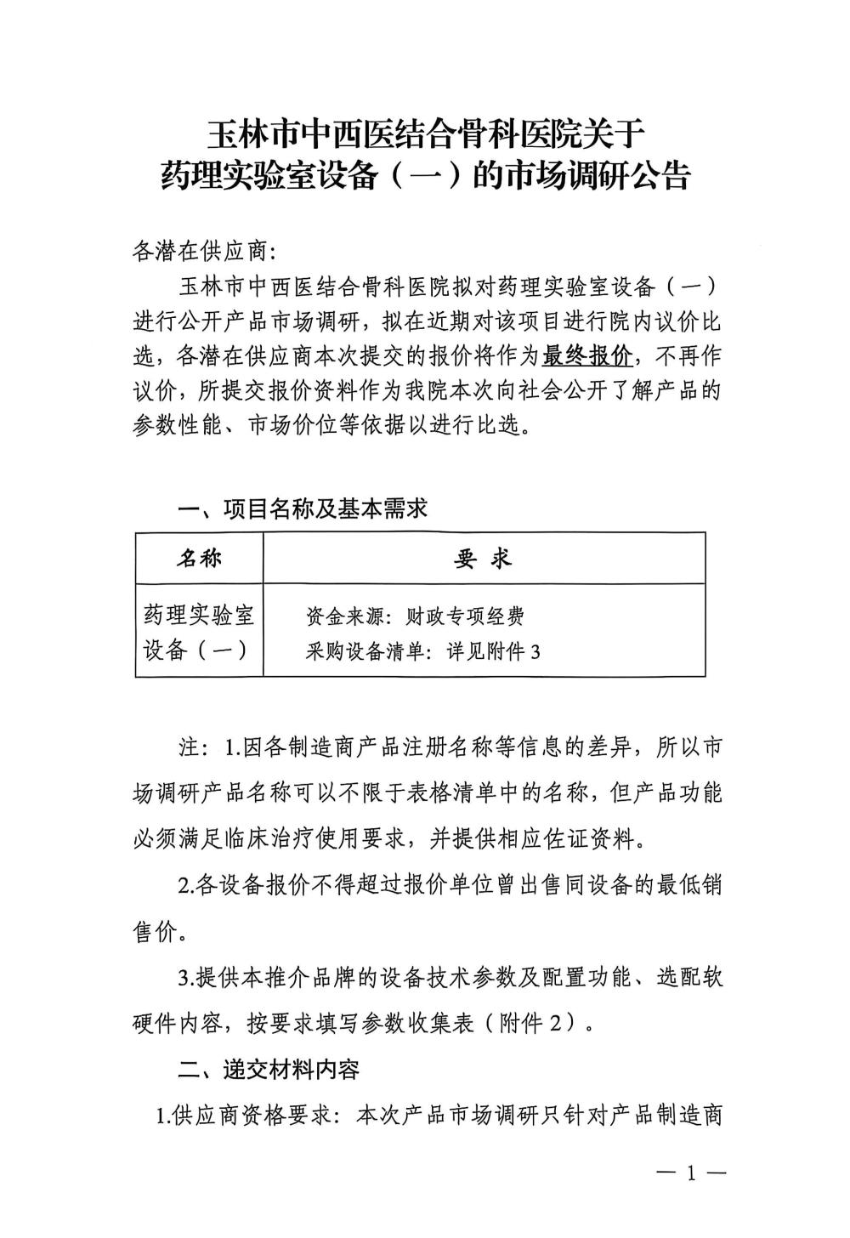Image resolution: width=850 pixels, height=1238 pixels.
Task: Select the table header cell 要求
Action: pos(484,558)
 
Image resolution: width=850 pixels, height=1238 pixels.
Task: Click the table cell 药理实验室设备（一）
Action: pos(199,631)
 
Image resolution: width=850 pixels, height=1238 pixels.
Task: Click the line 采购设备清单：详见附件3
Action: pos(422,652)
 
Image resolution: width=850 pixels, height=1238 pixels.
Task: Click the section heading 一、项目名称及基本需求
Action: pos(302,508)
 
